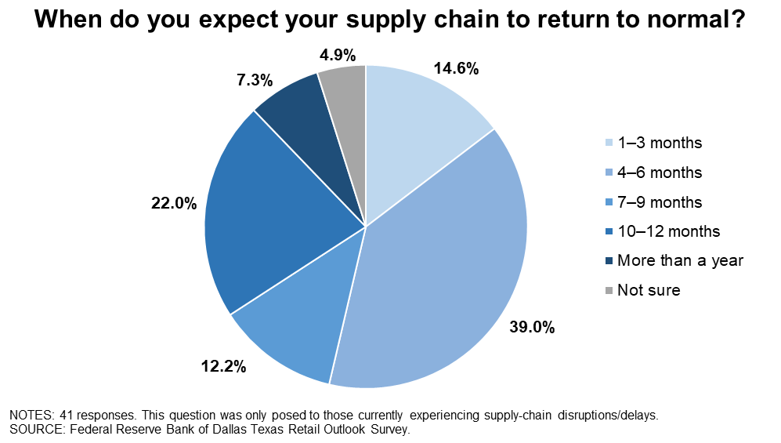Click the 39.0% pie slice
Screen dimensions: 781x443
pos(439,279)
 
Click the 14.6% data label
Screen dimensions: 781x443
pos(456,68)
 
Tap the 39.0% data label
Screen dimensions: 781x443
pos(531,328)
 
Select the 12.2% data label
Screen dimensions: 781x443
pos(223,367)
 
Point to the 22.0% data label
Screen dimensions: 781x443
pos(174,203)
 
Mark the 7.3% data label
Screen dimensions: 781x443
pos(255,80)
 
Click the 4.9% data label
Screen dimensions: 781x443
pos(338,55)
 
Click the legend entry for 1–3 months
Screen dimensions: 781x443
pos(653,143)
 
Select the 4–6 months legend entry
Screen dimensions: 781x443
pos(653,172)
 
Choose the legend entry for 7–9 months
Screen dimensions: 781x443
pos(653,202)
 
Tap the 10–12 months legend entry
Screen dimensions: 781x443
pos(663,231)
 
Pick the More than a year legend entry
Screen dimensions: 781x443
pos(674,260)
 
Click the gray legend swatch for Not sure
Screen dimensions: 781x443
pos(609,290)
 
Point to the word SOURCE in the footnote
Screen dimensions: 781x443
pos(38,430)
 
